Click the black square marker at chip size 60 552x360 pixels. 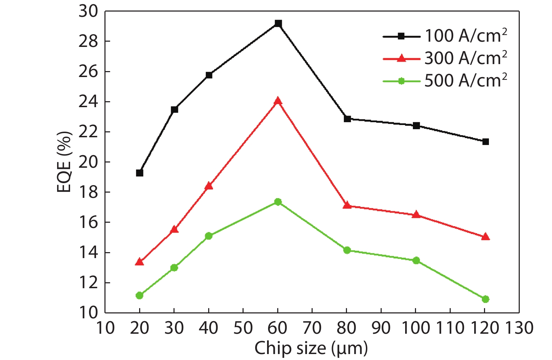point(278,23)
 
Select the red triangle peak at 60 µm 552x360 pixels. point(278,101)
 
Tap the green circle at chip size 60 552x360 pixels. point(278,202)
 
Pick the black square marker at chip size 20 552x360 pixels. point(139,173)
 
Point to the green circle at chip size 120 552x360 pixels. point(485,299)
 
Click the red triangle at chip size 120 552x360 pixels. point(485,237)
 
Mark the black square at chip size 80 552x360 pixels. point(347,119)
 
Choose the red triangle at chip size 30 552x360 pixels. point(174,230)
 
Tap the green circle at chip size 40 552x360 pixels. point(209,236)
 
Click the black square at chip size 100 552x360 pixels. point(416,125)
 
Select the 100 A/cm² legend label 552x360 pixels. point(466,36)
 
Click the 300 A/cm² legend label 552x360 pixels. point(466,58)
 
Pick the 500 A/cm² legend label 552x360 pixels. point(466,81)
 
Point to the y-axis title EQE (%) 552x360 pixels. point(64,162)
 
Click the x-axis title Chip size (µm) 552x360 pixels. point(311,348)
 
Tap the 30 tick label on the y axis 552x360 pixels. point(88,11)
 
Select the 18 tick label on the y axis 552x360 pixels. point(88,192)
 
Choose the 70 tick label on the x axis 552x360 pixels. point(312,328)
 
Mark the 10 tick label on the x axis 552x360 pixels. point(105,328)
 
